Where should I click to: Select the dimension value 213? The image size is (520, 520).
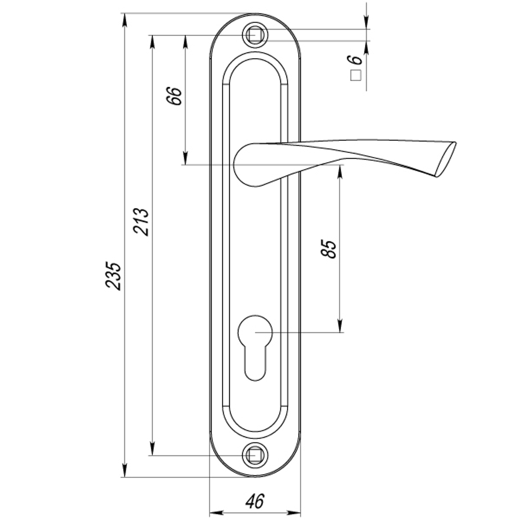tap(141, 222)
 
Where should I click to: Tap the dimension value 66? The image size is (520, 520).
tap(175, 96)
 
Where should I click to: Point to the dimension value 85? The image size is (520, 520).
tap(330, 249)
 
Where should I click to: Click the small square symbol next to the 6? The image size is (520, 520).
tap(356, 76)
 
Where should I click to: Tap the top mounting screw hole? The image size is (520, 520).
tap(254, 35)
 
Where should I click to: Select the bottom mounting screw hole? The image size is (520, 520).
tap(254, 456)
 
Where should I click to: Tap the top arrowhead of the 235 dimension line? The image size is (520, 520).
tap(124, 20)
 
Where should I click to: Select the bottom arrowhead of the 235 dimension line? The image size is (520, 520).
tap(124, 470)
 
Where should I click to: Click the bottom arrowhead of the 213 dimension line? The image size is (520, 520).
tap(152, 449)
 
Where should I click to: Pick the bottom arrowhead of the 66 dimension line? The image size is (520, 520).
tap(185, 158)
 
